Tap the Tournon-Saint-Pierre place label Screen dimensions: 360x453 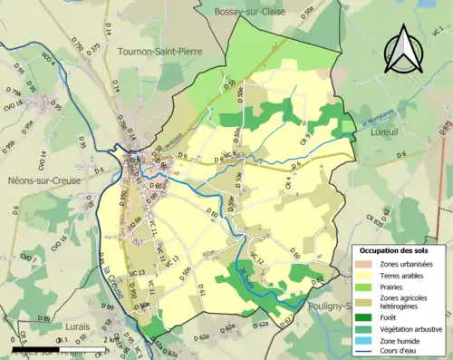157,52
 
